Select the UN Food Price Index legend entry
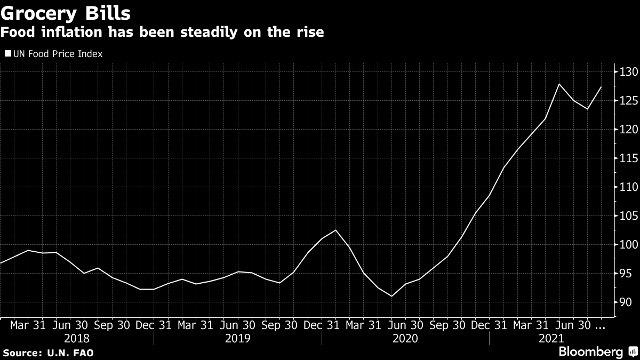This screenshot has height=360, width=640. [x=53, y=54]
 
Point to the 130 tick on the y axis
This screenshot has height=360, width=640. [x=627, y=72]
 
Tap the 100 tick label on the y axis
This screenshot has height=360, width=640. [x=627, y=245]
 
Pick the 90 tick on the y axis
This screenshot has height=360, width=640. [x=625, y=302]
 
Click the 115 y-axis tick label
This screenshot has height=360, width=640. [x=627, y=158]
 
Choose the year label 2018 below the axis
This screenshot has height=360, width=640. [x=77, y=338]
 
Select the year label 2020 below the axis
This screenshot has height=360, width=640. [x=405, y=338]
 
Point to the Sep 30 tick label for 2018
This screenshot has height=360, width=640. [x=112, y=324]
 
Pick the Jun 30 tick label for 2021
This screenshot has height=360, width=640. [x=574, y=324]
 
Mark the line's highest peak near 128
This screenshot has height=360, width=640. [x=559, y=84]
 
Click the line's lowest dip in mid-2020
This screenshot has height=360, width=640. [x=391, y=296]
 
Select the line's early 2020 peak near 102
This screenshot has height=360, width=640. [x=335, y=230]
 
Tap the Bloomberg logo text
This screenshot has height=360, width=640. [x=590, y=352]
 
